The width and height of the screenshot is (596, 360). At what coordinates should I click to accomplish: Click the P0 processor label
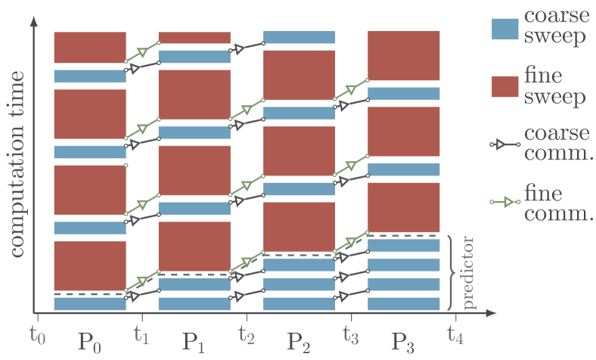coord(90,342)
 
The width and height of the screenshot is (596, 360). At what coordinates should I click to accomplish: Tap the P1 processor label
coord(194,342)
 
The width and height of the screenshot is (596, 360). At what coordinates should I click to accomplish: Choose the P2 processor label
coord(299,342)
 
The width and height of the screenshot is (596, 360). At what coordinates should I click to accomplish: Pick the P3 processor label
coord(403,342)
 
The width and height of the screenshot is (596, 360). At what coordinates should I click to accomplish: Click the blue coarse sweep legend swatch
coord(505,29)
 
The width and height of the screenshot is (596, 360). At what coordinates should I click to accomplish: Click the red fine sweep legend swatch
coord(505,86)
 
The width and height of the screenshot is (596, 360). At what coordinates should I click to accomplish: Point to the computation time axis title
coord(17,163)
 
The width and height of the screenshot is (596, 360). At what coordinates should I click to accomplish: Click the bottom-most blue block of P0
coord(90,304)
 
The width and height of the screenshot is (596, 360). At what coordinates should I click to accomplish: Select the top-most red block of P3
coord(403,56)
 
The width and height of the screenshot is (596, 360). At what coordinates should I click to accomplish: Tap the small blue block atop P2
coord(299,37)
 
